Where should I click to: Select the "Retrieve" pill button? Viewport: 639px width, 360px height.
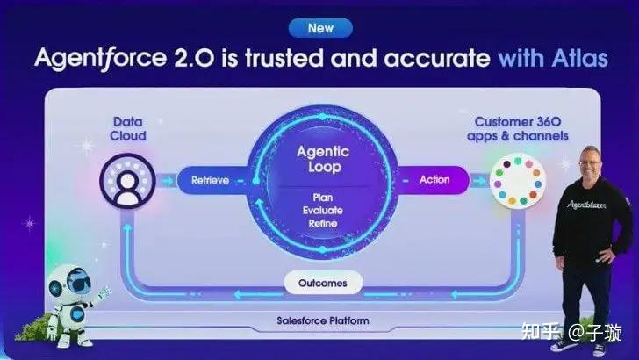pyautogui.click(x=204, y=181)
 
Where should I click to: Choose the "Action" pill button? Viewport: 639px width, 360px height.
pyautogui.click(x=433, y=180)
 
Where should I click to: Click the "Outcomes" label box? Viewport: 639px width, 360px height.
pyautogui.click(x=323, y=283)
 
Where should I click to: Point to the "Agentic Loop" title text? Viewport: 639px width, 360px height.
pyautogui.click(x=319, y=158)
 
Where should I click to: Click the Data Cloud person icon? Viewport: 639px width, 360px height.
pyautogui.click(x=127, y=180)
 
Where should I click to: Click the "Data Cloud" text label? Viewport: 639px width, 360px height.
pyautogui.click(x=129, y=129)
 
